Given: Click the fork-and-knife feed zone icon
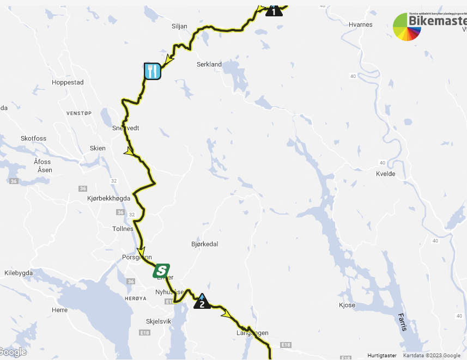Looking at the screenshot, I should pyautogui.click(x=153, y=71).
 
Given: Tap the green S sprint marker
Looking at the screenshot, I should pyautogui.click(x=161, y=271).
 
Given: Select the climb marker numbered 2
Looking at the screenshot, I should pyautogui.click(x=202, y=301).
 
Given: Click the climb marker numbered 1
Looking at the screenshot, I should pyautogui.click(x=274, y=10).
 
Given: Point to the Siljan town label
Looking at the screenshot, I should pyautogui.click(x=179, y=26).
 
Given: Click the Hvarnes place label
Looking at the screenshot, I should pyautogui.click(x=360, y=25).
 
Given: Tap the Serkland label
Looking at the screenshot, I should pyautogui.click(x=209, y=64).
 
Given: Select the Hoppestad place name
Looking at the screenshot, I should pyautogui.click(x=68, y=83).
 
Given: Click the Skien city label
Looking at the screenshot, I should pyautogui.click(x=98, y=148).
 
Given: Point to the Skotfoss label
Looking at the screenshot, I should pyautogui.click(x=33, y=138).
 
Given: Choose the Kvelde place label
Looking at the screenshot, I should pyautogui.click(x=385, y=174).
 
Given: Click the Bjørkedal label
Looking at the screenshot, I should pyautogui.click(x=205, y=244).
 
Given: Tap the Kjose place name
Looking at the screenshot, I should pyautogui.click(x=347, y=305).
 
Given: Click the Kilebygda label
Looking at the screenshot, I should pyautogui.click(x=19, y=273).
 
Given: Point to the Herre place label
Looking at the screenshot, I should pyautogui.click(x=59, y=309).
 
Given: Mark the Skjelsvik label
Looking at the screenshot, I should pyautogui.click(x=159, y=321).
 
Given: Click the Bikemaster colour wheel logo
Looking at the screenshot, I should pyautogui.click(x=407, y=27).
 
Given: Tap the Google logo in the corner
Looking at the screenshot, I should pyautogui.click(x=13, y=352).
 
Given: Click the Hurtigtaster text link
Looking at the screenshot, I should pyautogui.click(x=382, y=356).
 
